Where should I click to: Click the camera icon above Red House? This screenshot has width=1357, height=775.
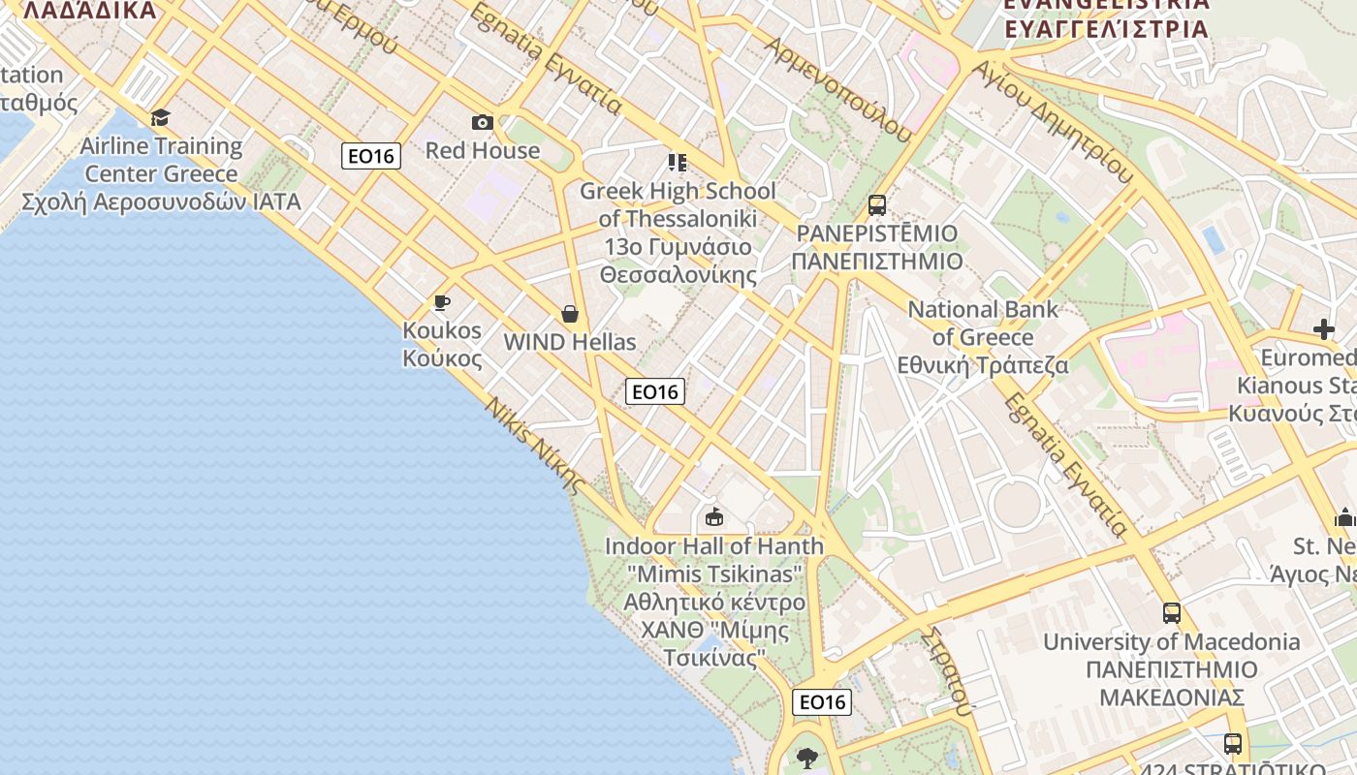482,122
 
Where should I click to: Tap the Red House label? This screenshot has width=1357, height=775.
483,150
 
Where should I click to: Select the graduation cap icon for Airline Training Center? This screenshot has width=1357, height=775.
160,118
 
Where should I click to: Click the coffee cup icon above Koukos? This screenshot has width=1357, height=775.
442,302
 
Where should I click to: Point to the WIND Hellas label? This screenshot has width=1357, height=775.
570,342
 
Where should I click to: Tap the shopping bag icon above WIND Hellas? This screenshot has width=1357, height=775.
570,314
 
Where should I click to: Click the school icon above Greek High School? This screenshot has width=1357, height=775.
677,162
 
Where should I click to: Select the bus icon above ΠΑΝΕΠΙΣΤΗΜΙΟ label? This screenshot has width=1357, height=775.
877,205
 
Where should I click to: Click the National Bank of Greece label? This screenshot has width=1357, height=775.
983,337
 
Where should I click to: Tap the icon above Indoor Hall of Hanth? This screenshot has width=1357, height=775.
714,516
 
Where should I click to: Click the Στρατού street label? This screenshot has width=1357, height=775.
947,669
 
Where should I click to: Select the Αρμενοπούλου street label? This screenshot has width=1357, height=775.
839,88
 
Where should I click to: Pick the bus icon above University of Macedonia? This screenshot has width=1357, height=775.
1172,613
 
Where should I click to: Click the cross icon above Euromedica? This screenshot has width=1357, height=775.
1324,329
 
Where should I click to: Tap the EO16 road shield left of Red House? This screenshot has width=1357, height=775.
371,156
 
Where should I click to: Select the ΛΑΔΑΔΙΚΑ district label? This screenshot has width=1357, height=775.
89,11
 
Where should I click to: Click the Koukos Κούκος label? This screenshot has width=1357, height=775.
442,344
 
